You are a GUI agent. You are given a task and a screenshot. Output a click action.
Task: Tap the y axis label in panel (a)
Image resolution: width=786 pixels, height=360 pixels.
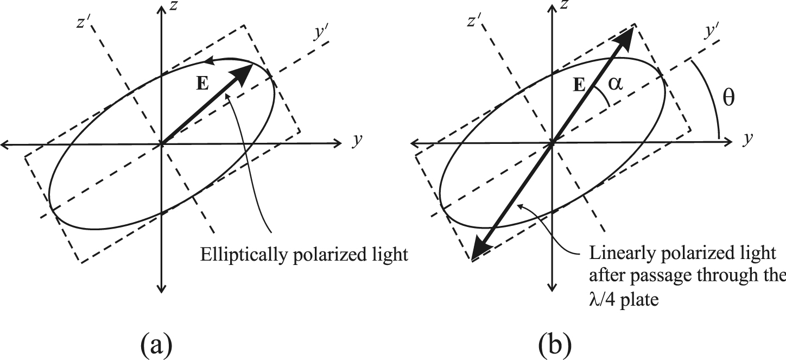click(357, 140)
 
